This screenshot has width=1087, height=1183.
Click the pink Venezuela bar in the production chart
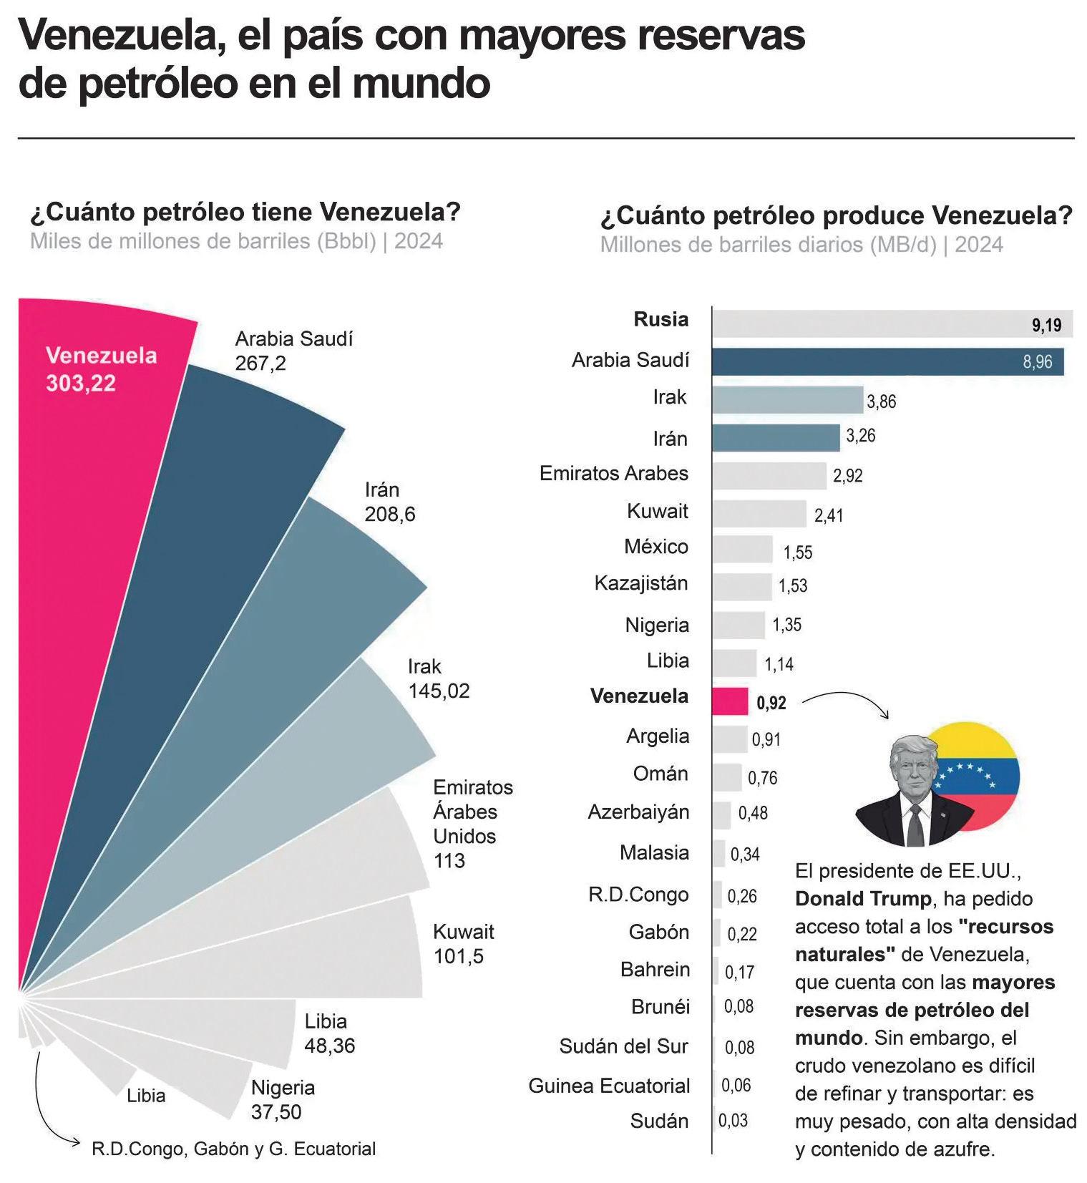click(x=730, y=701)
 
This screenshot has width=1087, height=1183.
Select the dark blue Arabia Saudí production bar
click(x=887, y=361)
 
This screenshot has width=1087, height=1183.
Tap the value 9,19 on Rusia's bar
click(x=1046, y=326)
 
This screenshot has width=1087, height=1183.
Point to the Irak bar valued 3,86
click(x=787, y=399)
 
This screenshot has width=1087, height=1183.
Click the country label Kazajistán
click(x=641, y=583)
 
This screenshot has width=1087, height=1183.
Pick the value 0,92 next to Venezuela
click(x=771, y=703)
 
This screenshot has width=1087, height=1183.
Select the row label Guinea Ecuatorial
click(x=609, y=1086)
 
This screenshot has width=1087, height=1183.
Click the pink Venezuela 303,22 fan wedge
click(x=100, y=501)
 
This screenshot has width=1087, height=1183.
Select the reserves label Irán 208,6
click(x=390, y=502)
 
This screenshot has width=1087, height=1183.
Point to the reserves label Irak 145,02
click(x=439, y=678)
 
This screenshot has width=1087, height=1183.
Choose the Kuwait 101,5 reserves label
click(x=463, y=944)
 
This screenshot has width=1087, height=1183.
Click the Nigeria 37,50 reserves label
click(x=283, y=1099)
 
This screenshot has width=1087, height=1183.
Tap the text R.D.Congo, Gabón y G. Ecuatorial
click(x=233, y=1149)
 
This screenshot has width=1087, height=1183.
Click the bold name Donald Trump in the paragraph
click(x=863, y=899)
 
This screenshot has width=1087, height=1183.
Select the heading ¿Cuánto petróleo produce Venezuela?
click(x=836, y=215)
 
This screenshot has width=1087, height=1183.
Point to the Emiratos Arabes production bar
click(x=769, y=475)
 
